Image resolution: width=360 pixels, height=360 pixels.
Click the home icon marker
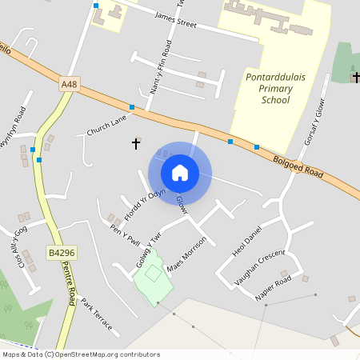180,172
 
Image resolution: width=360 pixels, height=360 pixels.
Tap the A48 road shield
70,82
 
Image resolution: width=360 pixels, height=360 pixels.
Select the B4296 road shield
61,253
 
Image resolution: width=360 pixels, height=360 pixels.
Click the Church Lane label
107,124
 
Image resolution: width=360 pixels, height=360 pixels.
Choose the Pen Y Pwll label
126,232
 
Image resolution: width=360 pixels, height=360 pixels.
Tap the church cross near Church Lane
136,143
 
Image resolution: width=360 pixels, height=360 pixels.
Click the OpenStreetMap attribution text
80,354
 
